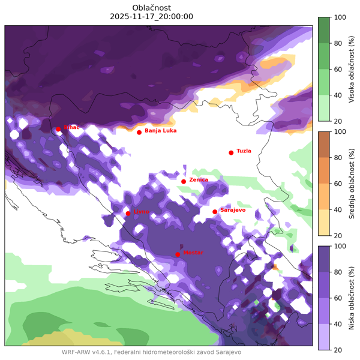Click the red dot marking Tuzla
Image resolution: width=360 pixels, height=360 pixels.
[x=231, y=152]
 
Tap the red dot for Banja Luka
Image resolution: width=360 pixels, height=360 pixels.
[x=139, y=132]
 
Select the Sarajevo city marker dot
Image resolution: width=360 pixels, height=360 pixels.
[x=215, y=211]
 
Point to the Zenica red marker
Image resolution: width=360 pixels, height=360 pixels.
[x=184, y=181]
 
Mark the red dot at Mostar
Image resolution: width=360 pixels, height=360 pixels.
[x=178, y=254]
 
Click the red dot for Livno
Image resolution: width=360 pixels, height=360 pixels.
[x=128, y=213]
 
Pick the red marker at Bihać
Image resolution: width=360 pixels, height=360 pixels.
[x=58, y=129]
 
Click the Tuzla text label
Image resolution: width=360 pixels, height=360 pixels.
[x=244, y=151]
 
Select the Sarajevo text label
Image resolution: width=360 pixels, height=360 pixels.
[x=233, y=210]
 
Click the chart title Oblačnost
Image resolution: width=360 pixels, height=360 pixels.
[x=152, y=7]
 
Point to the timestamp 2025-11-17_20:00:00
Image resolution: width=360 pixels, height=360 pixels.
[x=152, y=16]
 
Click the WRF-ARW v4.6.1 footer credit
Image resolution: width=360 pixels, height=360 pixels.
[x=151, y=352]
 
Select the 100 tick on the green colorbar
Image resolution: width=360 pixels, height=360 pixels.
[x=340, y=17]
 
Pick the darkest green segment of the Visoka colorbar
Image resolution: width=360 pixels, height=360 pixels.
[x=322, y=30]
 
